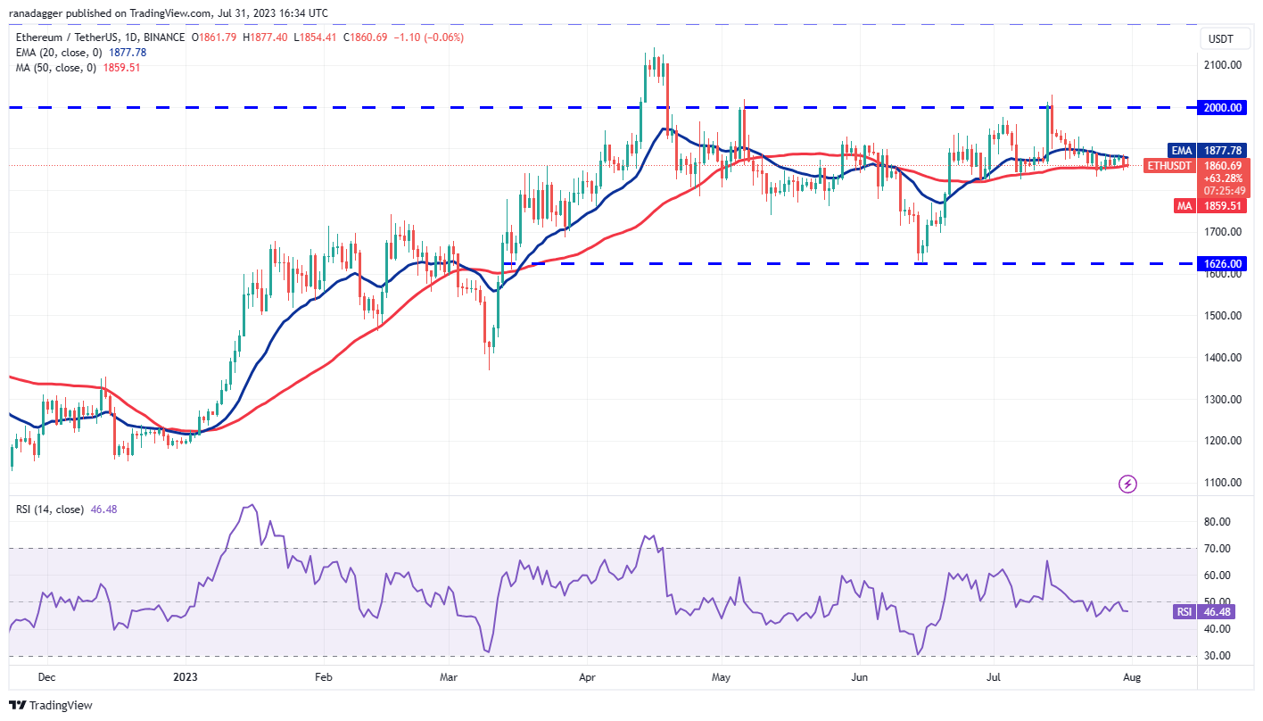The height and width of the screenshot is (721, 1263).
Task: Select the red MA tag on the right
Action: coord(1183,205)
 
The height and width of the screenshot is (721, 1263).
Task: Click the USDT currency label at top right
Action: coord(1221,38)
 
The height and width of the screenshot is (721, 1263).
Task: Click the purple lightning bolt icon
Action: coord(1127,485)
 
